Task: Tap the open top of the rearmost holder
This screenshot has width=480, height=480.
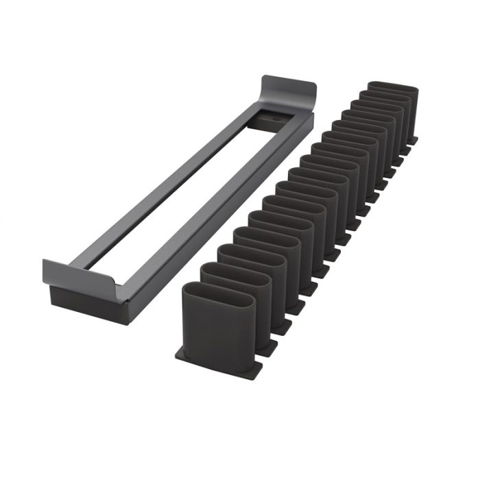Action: [393, 87]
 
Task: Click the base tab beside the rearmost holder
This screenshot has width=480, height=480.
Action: [413, 141]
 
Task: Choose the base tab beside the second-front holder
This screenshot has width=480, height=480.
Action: [267, 346]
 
